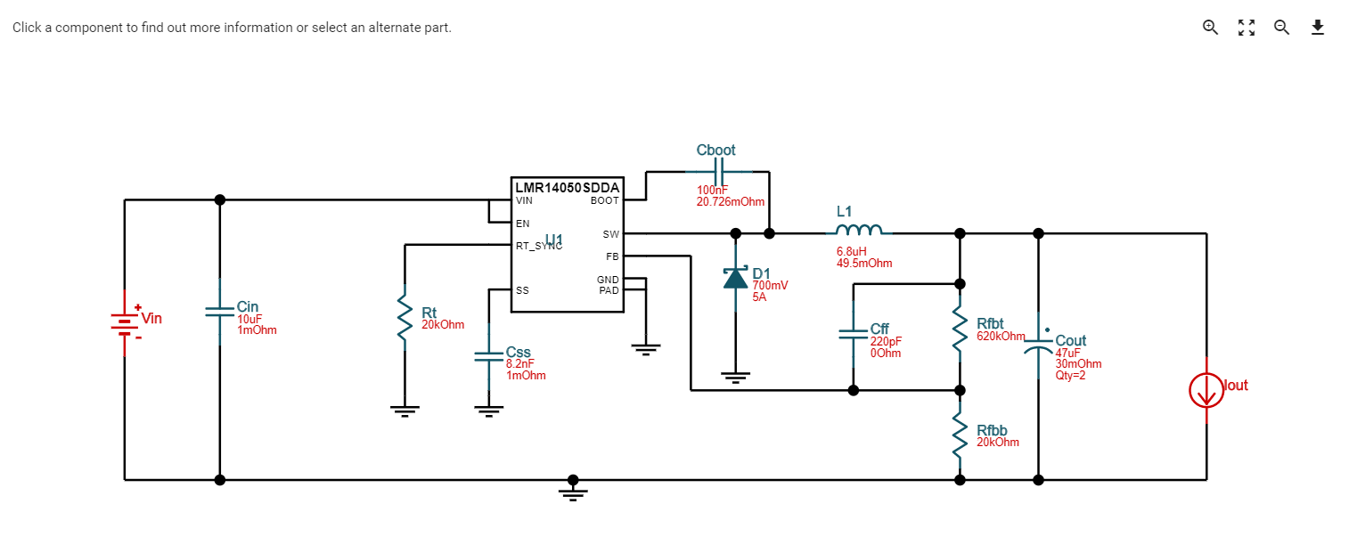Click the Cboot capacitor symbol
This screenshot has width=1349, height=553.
pos(717,171)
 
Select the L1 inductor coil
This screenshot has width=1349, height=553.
pos(859,232)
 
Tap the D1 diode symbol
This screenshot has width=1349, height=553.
pos(735,278)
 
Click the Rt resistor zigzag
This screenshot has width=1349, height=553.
pos(405,317)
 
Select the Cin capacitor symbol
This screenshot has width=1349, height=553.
pos(220,312)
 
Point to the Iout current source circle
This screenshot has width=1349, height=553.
pos(1206,391)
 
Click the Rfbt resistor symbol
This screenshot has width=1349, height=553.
pos(960,329)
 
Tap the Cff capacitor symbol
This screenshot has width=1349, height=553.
pos(854,335)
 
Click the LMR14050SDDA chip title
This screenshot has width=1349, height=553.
pos(567,187)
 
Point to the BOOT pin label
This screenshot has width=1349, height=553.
pos(604,201)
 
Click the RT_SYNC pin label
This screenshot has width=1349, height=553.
pos(538,246)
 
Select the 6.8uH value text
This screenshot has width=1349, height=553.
pos(852,252)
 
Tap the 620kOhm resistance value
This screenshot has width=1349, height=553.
pos(1001,337)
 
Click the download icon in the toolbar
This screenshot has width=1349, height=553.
pos(1318,27)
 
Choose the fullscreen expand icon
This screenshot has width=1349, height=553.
pos(1247,27)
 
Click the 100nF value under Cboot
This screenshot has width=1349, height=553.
pos(713,191)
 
